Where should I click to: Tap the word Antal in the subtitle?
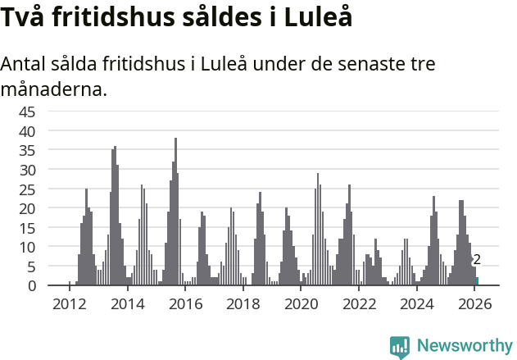tap(26, 64)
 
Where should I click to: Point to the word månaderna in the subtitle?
tap(54, 89)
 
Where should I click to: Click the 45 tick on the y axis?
tap(27, 112)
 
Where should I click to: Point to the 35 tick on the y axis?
tap(27, 150)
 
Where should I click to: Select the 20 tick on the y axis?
tap(27, 208)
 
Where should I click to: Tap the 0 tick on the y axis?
tap(31, 285)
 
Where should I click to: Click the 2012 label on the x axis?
tap(70, 304)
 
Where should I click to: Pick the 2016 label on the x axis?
tap(186, 304)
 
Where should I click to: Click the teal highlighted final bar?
tap(477, 281)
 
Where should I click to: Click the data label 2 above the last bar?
tap(477, 260)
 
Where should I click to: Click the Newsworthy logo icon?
tap(400, 347)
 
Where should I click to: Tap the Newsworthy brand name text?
tap(464, 346)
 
